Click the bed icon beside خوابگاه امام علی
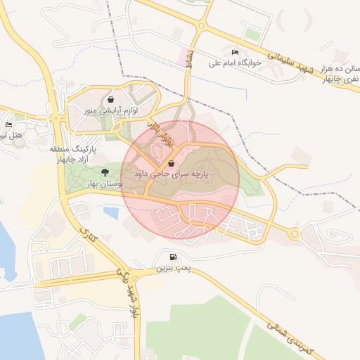(x=235, y=53)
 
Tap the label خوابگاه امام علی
(x=235, y=63)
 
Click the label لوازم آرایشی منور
(x=110, y=110)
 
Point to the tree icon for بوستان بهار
(x=105, y=172)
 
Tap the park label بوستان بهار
(x=104, y=183)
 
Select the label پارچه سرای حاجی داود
(x=172, y=173)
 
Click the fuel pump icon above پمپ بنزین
(x=173, y=257)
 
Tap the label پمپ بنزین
(x=173, y=268)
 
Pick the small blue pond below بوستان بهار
(x=111, y=212)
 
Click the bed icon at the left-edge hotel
(x=8, y=124)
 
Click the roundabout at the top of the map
(x=202, y=27)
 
